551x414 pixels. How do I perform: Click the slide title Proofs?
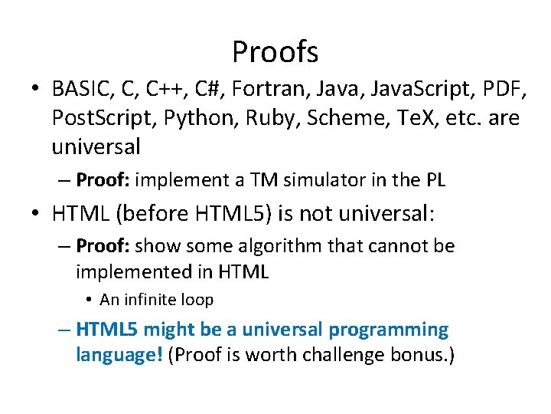(x=275, y=52)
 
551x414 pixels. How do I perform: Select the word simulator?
(x=322, y=180)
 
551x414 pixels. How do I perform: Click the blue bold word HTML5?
(x=108, y=330)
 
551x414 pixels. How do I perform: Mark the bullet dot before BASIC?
(x=36, y=90)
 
